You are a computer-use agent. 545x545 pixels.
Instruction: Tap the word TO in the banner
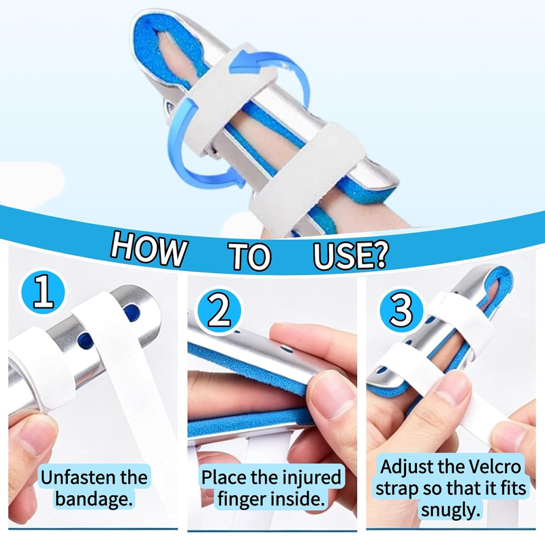249,255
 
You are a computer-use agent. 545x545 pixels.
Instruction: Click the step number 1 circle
43,292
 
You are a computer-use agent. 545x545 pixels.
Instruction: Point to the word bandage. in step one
94,499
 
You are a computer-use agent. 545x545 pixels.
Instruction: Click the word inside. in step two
295,499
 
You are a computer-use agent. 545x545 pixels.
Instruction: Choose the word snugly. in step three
450,510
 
